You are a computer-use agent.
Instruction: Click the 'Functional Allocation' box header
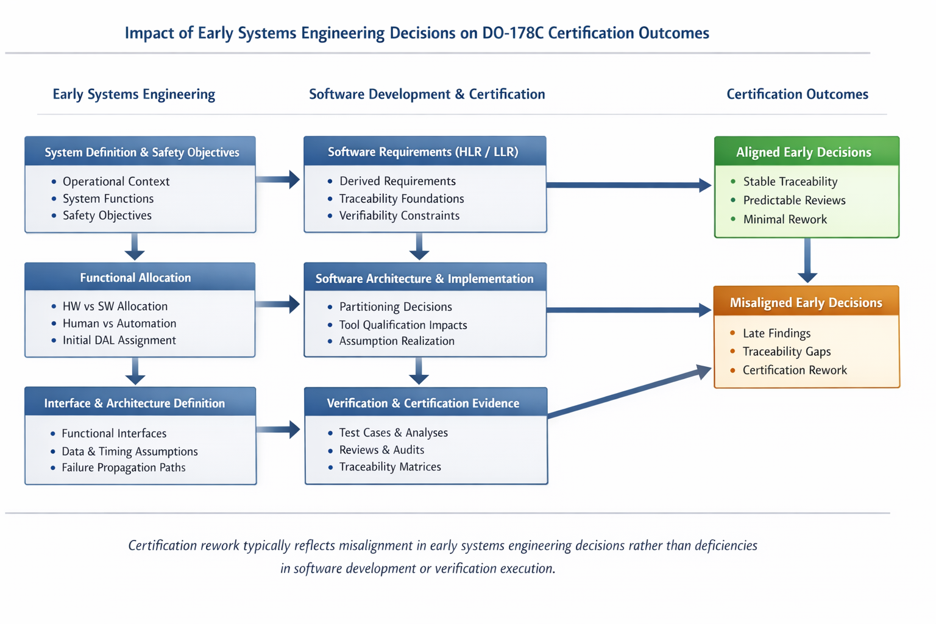(140, 277)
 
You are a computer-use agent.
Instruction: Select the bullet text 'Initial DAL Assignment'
(119, 340)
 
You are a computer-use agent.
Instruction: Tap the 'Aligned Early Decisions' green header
(807, 151)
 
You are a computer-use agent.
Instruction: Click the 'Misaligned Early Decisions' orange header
(806, 302)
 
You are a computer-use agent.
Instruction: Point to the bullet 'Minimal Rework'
(785, 219)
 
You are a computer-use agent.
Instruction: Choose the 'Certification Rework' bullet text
(795, 370)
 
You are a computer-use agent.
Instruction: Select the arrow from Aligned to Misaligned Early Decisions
(807, 260)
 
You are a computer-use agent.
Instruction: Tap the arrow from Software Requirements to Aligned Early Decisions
(629, 185)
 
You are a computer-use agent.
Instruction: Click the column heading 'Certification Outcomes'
(797, 94)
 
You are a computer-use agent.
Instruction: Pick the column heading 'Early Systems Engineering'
(133, 94)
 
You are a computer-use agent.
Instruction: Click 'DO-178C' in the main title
(512, 32)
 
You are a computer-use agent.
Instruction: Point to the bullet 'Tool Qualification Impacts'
(403, 325)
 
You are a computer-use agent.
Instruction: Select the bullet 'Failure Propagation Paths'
(123, 467)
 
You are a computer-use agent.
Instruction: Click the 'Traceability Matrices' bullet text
(390, 466)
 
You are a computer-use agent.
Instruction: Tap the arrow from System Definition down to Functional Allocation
(135, 247)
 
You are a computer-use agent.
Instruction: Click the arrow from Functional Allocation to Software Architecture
(277, 304)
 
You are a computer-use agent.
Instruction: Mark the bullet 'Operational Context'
(116, 182)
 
